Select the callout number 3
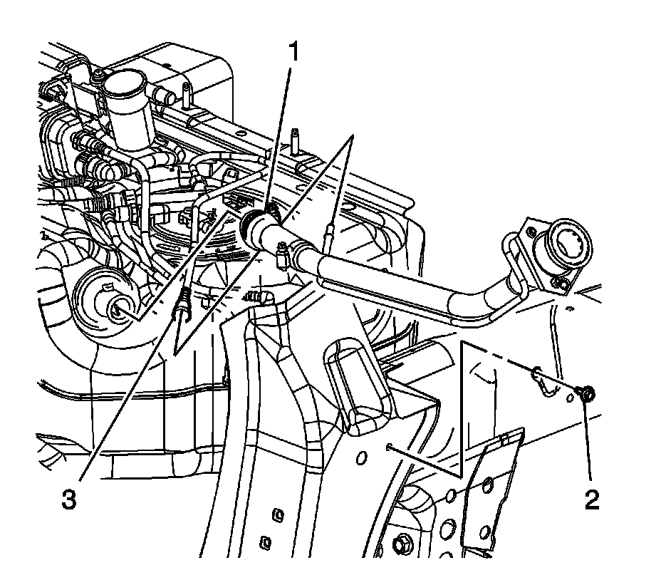pyautogui.click(x=68, y=499)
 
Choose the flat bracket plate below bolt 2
pyautogui.click(x=491, y=492)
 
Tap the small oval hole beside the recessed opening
pyautogui.click(x=361, y=456)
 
